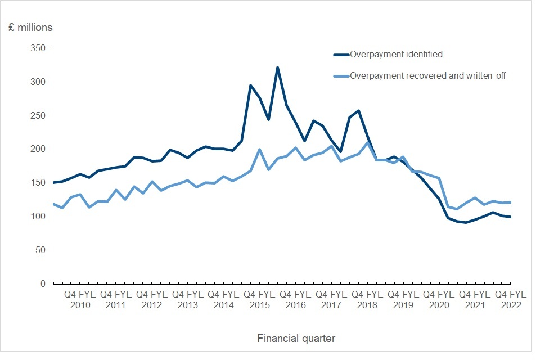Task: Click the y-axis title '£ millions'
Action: pyautogui.click(x=30, y=27)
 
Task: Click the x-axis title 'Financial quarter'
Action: pyautogui.click(x=296, y=338)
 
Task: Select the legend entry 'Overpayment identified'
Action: pyautogui.click(x=396, y=55)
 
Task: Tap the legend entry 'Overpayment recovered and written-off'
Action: pyautogui.click(x=428, y=75)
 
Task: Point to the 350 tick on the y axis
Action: pyautogui.click(x=38, y=48)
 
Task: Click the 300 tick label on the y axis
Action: pyautogui.click(x=38, y=82)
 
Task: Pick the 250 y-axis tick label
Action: pyautogui.click(x=38, y=115)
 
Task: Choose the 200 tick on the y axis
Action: pyautogui.click(x=38, y=149)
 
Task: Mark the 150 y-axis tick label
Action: pyautogui.click(x=38, y=183)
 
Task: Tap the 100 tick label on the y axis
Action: pyautogui.click(x=38, y=217)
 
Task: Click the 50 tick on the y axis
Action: pyautogui.click(x=40, y=250)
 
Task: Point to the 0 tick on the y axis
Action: pyautogui.click(x=43, y=284)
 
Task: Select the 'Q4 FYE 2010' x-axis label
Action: pyautogui.click(x=80, y=299)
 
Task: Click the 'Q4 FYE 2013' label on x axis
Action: pyautogui.click(x=187, y=299)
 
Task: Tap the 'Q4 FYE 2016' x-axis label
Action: pyautogui.click(x=295, y=299)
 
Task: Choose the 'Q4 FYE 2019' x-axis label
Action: pyautogui.click(x=403, y=299)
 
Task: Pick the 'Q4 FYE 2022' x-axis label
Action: pyautogui.click(x=511, y=299)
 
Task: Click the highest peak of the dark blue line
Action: pyautogui.click(x=277, y=67)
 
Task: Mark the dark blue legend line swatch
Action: pyautogui.click(x=341, y=55)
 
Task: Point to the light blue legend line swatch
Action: pyautogui.click(x=341, y=75)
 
